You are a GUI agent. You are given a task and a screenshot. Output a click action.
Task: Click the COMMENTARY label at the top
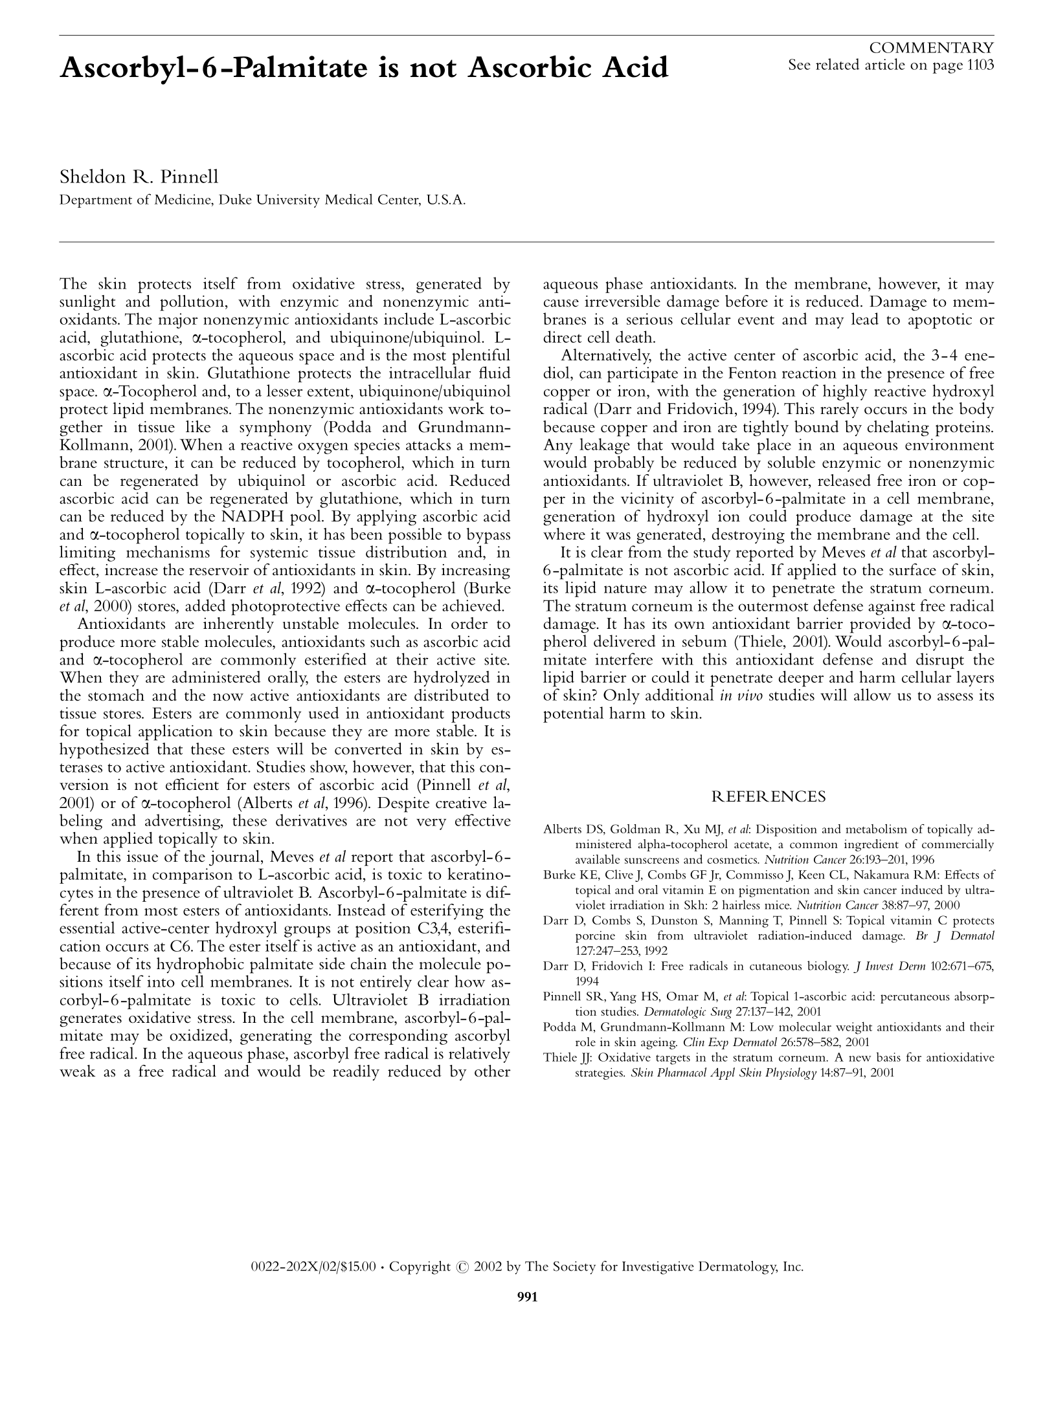click(x=931, y=48)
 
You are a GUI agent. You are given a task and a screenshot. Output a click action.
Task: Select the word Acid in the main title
click(x=634, y=68)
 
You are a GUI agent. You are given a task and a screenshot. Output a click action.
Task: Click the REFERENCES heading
click(x=769, y=796)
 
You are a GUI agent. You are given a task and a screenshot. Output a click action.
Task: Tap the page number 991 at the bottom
click(x=528, y=1296)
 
